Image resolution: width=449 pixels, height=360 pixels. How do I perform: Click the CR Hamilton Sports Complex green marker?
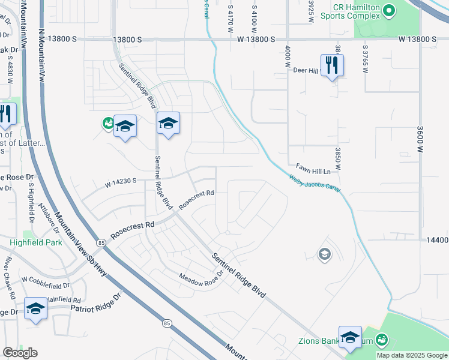coord(388,11)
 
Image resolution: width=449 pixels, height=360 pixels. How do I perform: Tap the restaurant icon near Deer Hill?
coord(332,64)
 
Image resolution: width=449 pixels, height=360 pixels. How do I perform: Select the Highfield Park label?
coord(36,242)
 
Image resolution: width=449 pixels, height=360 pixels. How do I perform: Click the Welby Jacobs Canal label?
coord(315,183)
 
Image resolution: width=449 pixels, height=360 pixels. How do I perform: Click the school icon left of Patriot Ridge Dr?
coord(36,308)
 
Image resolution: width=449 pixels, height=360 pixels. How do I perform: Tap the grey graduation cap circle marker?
coord(325,254)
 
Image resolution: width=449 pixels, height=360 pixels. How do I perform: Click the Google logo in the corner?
coord(20,353)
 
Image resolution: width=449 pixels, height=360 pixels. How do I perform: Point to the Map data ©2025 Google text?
coord(412,355)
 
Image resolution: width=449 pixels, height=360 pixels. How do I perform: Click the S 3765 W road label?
coord(364,58)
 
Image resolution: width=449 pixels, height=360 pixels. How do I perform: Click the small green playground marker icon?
coord(108,124)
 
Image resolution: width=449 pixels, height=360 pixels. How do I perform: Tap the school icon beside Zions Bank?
coord(350,338)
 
